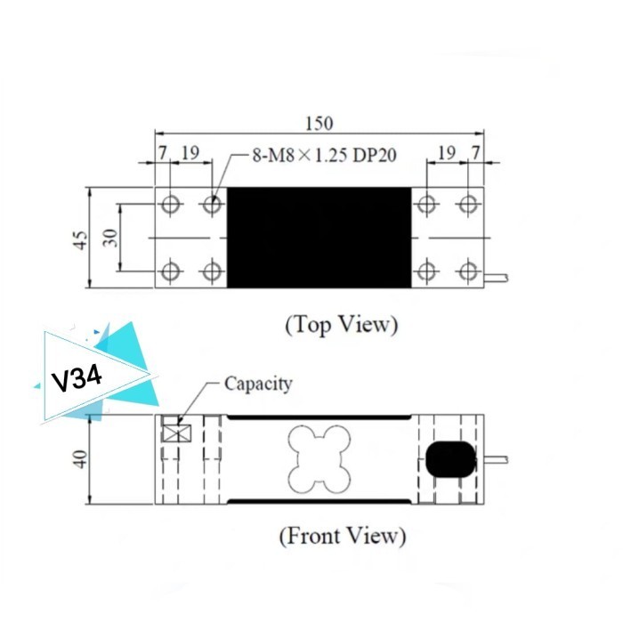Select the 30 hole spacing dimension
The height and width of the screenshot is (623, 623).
(111, 239)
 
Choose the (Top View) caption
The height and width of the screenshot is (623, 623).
(342, 324)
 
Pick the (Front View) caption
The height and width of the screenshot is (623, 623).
(342, 536)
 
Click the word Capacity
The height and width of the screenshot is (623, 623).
(258, 384)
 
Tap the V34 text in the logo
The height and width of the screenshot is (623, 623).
(77, 379)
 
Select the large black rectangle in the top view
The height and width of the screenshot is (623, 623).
(320, 238)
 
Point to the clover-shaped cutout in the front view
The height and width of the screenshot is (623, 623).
(318, 457)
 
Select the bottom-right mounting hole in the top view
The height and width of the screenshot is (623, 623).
(467, 271)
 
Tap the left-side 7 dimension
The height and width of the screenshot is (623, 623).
(163, 154)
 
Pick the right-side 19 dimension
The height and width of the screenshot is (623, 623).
(446, 154)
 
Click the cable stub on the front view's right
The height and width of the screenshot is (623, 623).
(497, 459)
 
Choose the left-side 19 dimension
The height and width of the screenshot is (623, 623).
(190, 154)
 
